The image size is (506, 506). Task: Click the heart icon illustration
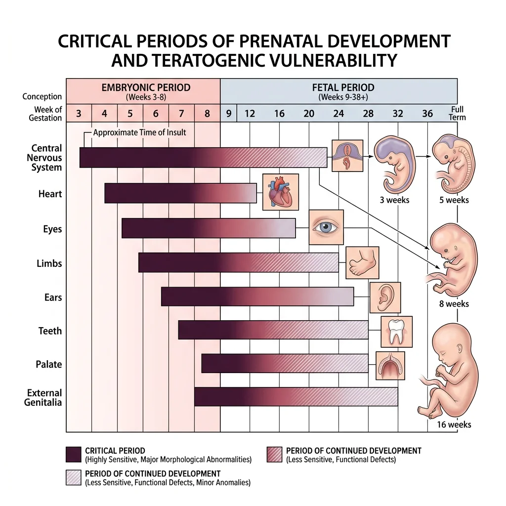point(280,192)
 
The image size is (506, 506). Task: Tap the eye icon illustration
point(326,227)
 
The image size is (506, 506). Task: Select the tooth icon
point(396,332)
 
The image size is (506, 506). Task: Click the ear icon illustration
point(384,297)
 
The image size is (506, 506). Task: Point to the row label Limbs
point(49,263)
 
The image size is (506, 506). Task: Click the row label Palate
point(49,365)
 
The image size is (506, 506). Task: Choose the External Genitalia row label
point(44,397)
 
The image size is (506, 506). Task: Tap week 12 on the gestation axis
point(250,114)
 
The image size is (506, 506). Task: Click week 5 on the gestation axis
point(130,114)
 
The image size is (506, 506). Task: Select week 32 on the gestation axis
point(398,114)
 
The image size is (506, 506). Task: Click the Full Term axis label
point(458,113)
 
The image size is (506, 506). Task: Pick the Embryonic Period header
point(146,88)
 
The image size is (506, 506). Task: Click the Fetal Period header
point(343,88)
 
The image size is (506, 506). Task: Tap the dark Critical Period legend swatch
point(73,454)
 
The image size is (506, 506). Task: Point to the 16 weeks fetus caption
point(454,424)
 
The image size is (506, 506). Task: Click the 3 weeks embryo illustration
point(393,165)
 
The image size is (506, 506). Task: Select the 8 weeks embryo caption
point(454,304)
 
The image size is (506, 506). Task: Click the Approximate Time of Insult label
point(139,132)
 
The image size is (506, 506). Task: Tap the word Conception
point(42,97)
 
